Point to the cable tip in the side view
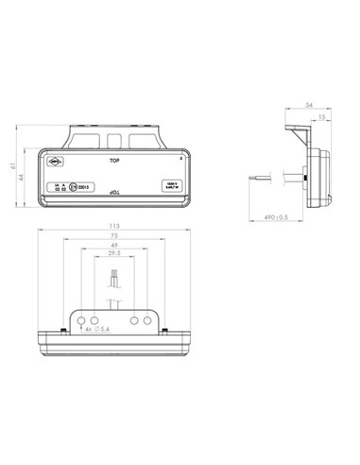[254, 175]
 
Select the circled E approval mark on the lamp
[74, 186]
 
